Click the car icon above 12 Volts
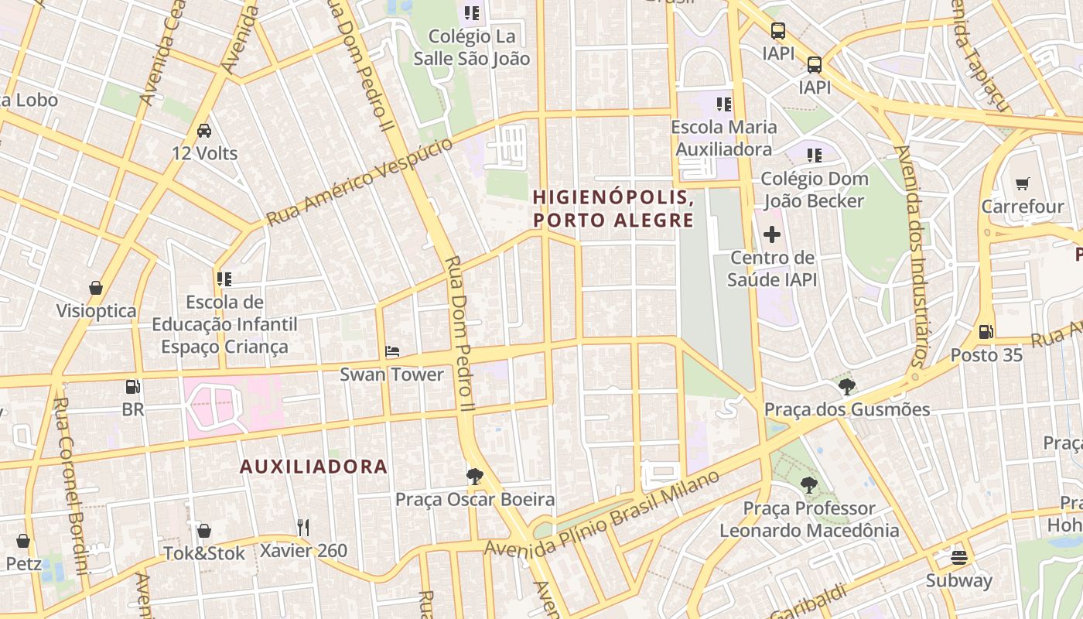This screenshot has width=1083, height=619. tap(204, 131)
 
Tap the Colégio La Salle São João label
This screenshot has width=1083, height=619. tap(471, 47)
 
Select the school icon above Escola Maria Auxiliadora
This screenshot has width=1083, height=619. tap(724, 104)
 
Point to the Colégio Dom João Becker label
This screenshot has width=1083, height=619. tap(814, 190)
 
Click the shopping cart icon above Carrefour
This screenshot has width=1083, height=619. tap(1023, 184)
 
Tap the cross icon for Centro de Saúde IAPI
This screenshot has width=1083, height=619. tap(772, 234)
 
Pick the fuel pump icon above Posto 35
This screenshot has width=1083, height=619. tap(986, 332)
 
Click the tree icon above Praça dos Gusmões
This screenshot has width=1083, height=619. tap(847, 386)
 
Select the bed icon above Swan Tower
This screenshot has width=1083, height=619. tap(392, 351)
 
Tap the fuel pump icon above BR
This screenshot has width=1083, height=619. tap(133, 386)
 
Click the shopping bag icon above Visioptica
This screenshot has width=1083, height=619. tap(96, 288)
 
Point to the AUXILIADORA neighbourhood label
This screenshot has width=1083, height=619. tap(313, 467)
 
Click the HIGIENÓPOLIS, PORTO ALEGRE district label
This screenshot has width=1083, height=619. tap(613, 209)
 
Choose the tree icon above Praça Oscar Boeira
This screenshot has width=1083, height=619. tap(475, 477)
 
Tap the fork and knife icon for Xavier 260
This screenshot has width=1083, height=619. tap(303, 528)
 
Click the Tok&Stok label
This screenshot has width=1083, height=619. tap(204, 553)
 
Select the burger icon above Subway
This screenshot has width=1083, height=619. tap(959, 557)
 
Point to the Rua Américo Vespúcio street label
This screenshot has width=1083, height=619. tap(360, 183)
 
